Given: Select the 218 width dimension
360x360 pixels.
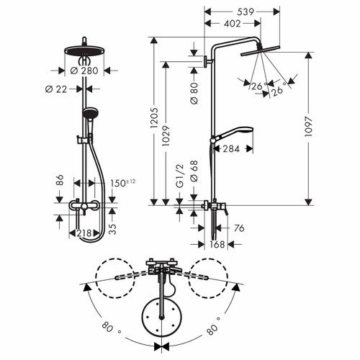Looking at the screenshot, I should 84,233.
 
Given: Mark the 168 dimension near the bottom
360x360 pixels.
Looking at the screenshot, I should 216,244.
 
